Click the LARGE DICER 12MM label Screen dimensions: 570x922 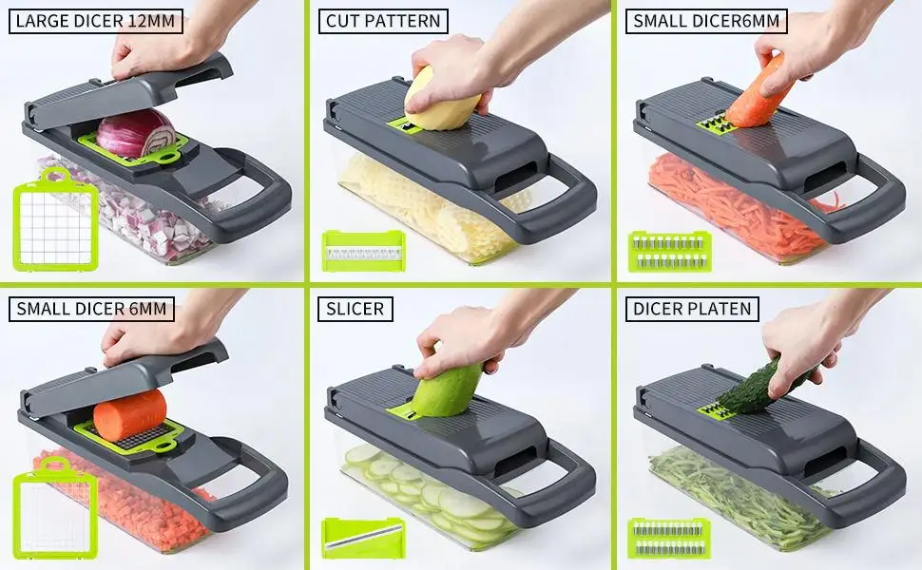click(x=95, y=21)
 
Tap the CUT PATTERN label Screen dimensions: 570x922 click(x=382, y=21)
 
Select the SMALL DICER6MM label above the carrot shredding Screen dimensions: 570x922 click(x=705, y=21)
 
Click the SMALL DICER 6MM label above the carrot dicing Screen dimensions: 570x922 click(x=91, y=308)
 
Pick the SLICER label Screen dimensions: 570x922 click(x=355, y=308)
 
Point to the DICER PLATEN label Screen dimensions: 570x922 click(x=692, y=308)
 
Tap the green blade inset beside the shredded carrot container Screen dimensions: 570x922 click(x=668, y=251)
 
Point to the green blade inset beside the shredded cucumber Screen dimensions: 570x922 click(x=669, y=537)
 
